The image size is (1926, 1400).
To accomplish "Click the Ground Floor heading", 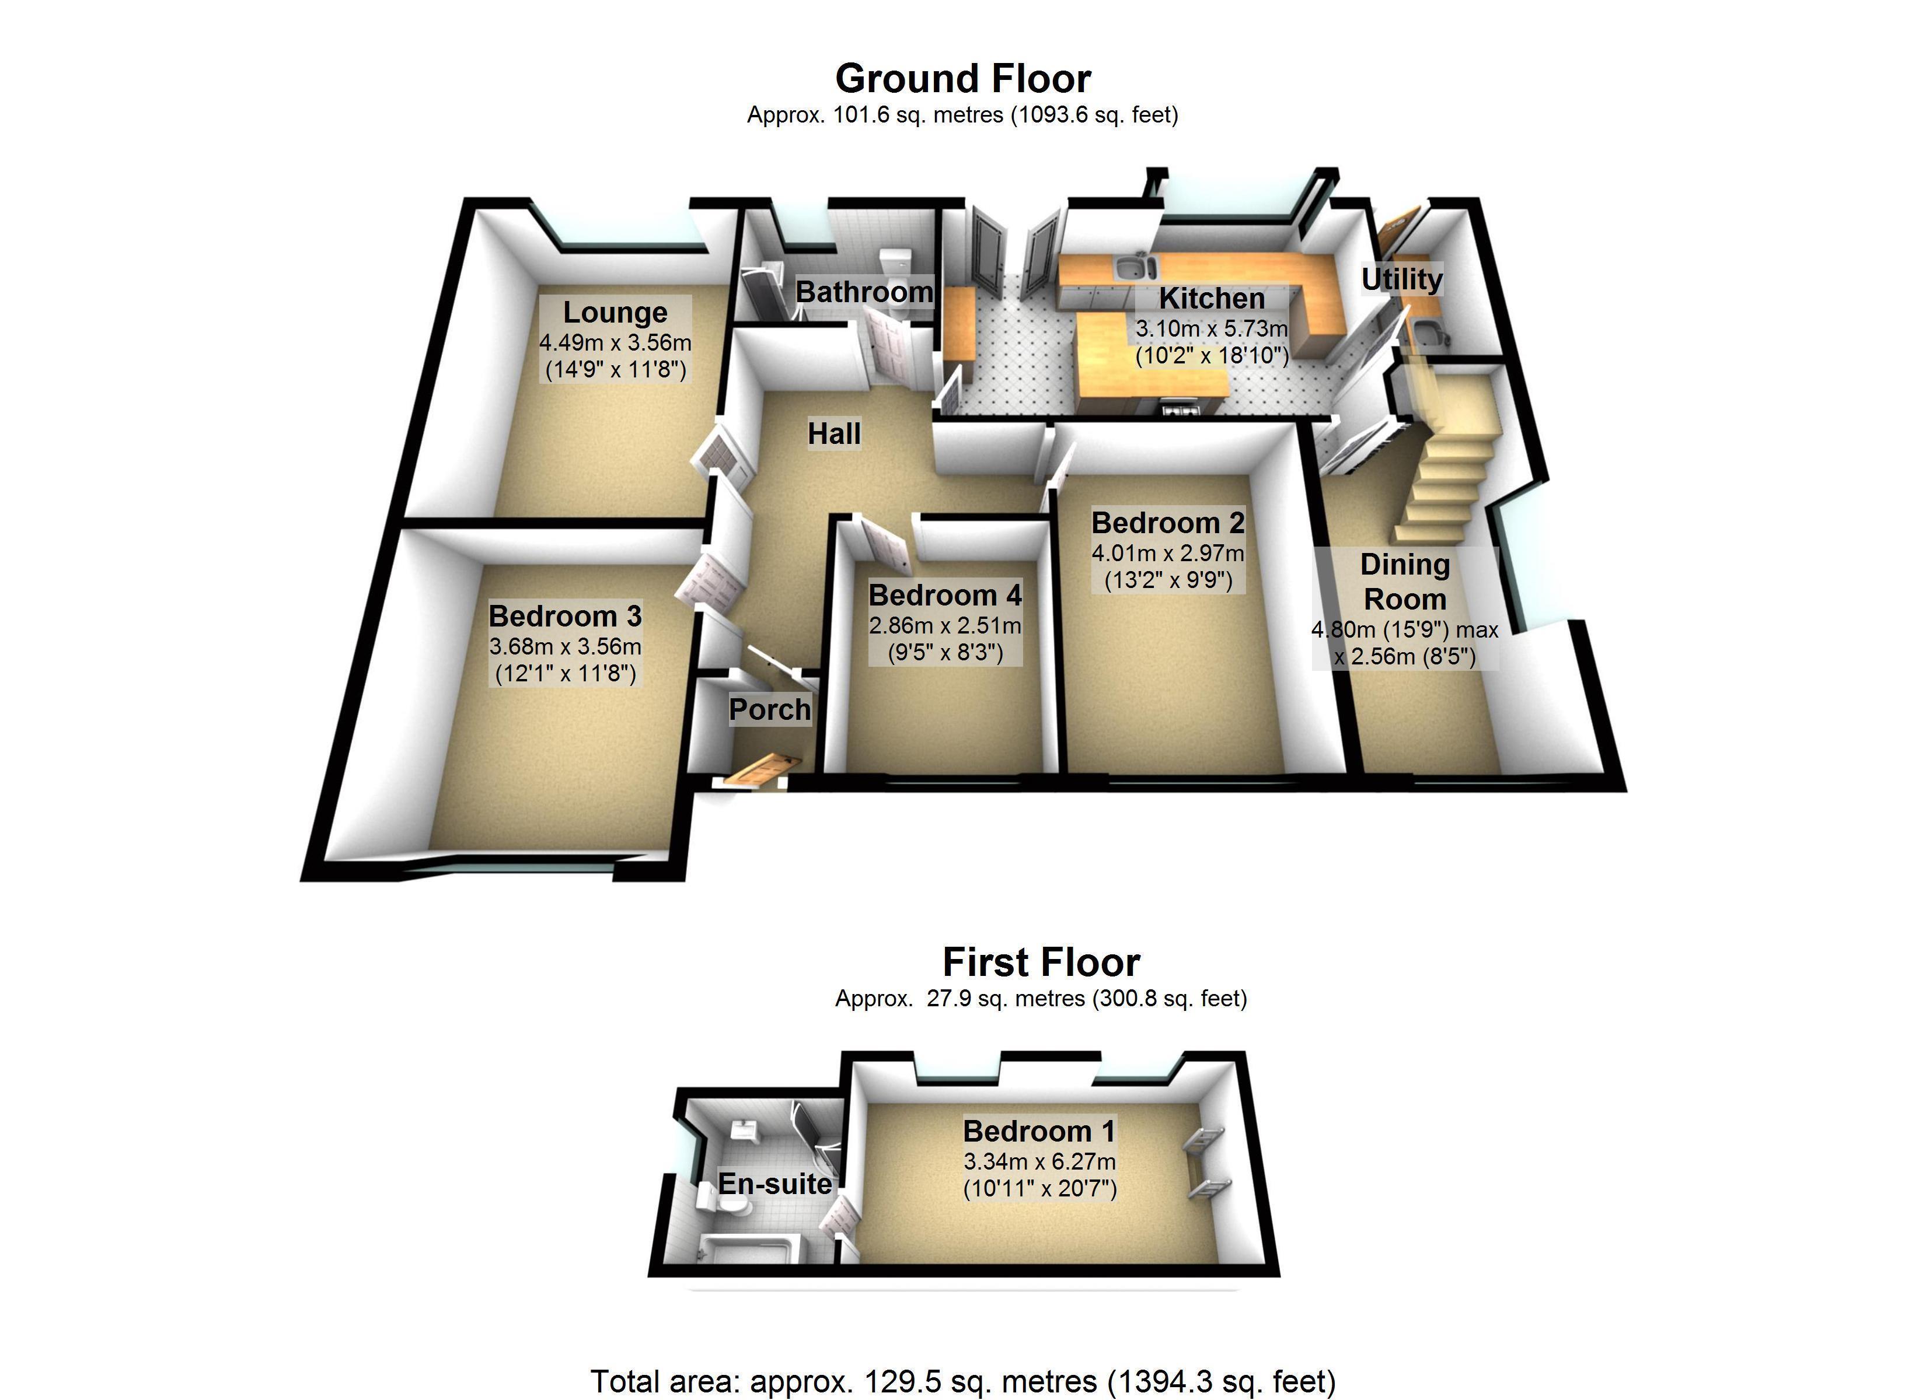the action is coord(962,79).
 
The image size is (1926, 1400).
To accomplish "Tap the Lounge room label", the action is coord(615,313).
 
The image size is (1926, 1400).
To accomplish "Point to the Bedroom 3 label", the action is coord(565,615).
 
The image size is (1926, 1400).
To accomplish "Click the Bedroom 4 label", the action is coord(944,595).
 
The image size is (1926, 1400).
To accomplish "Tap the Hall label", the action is coord(834,434).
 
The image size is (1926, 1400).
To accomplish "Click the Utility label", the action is coord(1401,279).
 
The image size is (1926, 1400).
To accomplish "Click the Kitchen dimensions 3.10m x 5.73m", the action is coord(1212,328).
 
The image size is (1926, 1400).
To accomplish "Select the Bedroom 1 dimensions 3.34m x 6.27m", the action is coord(1039,1161).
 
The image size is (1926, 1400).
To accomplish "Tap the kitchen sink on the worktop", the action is coord(1132,267).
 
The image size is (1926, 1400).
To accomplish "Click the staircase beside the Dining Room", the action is coord(1444,475).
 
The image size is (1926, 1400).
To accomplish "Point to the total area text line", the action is coord(962,1381).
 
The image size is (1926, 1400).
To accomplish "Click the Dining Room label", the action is coord(1405,582).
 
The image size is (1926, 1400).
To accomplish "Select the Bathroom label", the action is coord(864,292).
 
